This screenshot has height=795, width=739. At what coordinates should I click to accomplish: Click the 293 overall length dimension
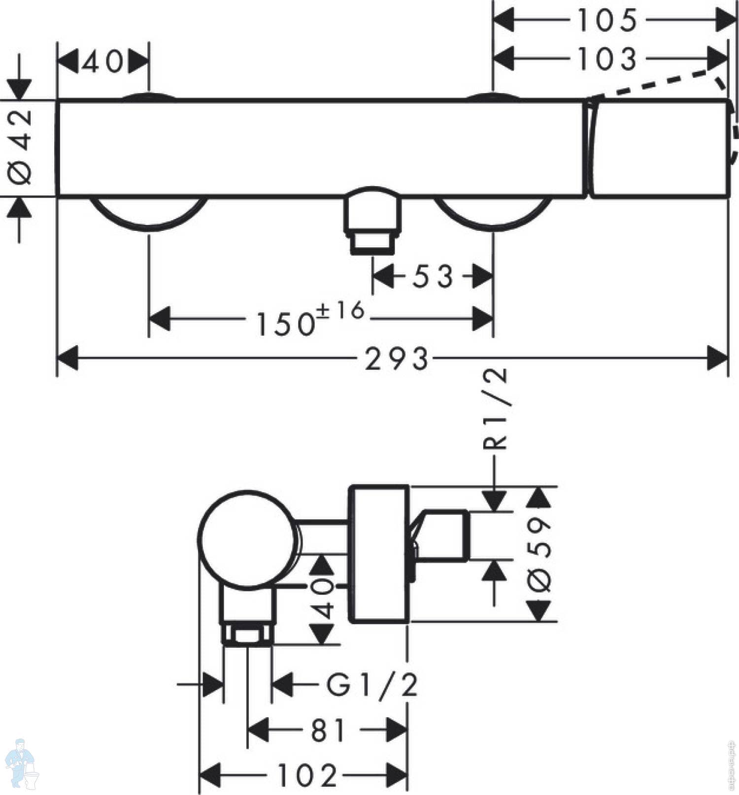(397, 358)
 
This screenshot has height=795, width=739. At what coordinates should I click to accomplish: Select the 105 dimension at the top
(607, 21)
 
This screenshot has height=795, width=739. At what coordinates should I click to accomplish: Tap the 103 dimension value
(607, 59)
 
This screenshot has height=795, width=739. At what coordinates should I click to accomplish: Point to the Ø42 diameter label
(21, 147)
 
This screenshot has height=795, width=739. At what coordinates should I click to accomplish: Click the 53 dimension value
(433, 277)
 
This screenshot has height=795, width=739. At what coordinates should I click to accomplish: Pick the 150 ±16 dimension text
(310, 318)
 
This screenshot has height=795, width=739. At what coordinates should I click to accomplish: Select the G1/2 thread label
(372, 685)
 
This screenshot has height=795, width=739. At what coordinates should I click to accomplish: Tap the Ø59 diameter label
(539, 554)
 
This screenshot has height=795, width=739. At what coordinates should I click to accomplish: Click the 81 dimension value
(328, 730)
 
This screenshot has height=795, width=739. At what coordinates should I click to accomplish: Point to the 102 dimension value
(307, 776)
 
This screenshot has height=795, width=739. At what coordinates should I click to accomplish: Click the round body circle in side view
(247, 540)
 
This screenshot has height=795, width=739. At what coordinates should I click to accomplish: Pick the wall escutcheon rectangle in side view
(378, 554)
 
